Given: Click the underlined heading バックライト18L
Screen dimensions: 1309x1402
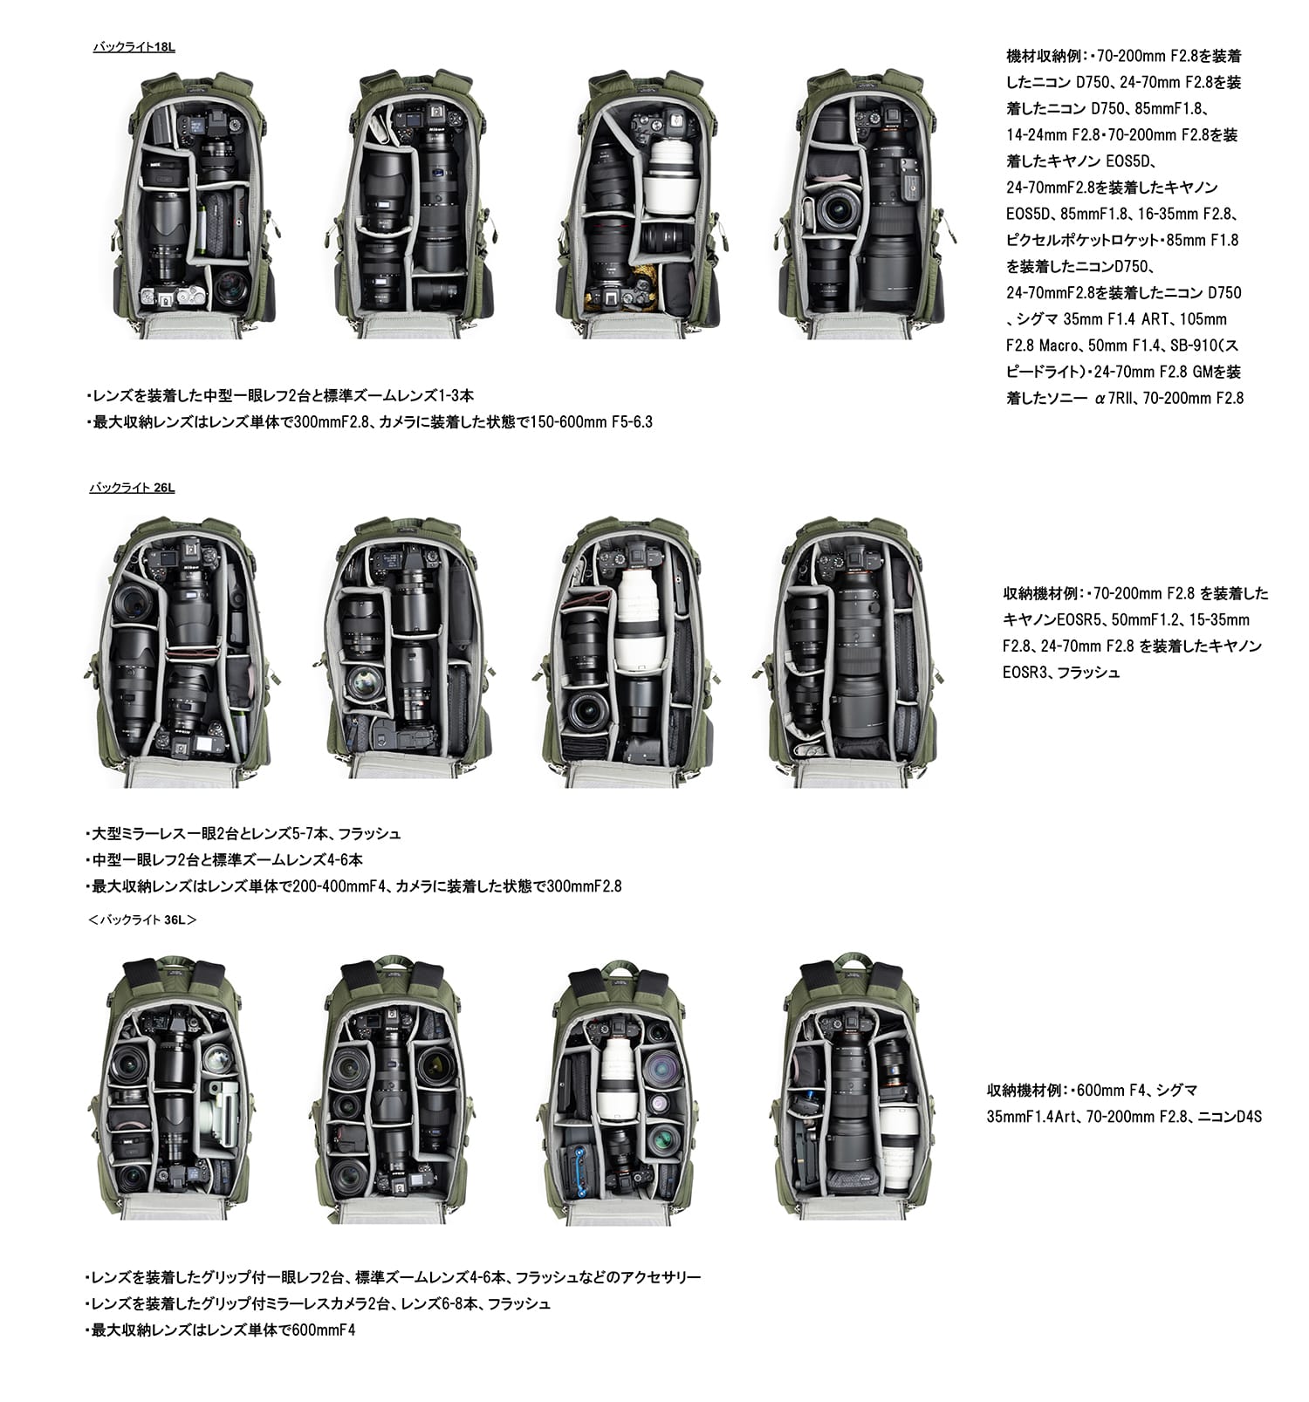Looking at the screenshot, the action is (134, 47).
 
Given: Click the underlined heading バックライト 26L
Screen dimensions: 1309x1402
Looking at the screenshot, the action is (132, 488).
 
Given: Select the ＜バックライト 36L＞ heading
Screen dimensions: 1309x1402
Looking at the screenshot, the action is (142, 920).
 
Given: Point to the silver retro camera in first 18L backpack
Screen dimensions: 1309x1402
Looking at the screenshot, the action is (173, 297).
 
